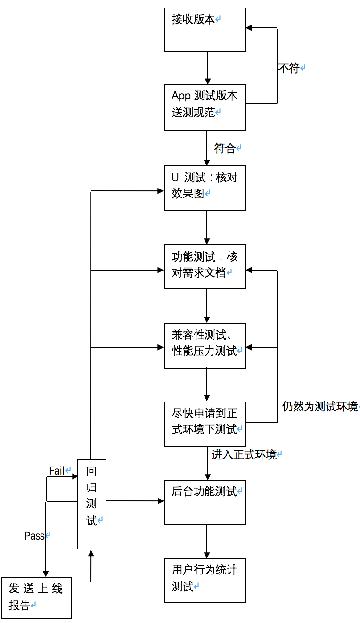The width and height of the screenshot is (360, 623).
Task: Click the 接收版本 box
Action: point(205,30)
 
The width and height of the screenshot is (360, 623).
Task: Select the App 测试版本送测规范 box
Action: point(205,107)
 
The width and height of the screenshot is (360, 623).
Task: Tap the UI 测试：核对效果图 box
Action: point(205,188)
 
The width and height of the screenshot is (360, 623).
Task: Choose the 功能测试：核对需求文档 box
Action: point(205,266)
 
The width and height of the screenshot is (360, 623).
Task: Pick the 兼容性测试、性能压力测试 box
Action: point(205,345)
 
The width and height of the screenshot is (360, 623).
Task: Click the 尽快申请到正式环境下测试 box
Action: point(205,424)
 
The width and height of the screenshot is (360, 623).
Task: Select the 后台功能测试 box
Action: point(205,502)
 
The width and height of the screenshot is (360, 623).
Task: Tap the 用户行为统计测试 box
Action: point(205,580)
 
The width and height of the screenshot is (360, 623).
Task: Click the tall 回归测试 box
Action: point(92,504)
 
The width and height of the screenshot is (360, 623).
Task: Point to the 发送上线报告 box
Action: point(36,598)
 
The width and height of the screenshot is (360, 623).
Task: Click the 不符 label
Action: point(289,68)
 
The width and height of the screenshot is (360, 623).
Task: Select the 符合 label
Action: point(225,148)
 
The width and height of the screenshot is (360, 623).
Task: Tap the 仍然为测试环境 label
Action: point(320,407)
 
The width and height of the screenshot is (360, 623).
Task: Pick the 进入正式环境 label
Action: point(244,455)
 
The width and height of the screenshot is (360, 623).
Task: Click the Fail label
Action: point(57,471)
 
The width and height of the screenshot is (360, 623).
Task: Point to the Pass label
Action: point(34,536)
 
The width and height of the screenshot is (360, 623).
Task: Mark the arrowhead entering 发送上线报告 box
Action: point(46,573)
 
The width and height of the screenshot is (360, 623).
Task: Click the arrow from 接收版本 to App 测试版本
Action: point(207,68)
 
